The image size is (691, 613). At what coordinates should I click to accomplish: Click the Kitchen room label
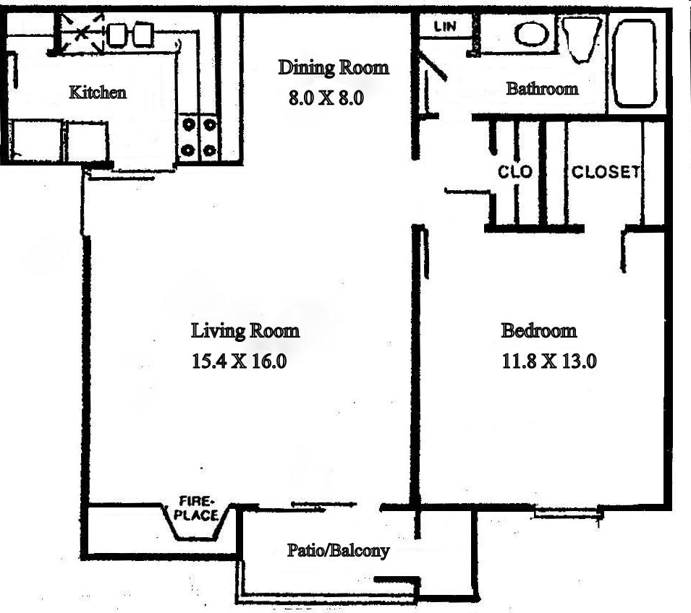(98, 93)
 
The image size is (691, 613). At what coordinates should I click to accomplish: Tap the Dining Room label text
(334, 68)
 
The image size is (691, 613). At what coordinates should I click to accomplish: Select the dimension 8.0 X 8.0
(324, 98)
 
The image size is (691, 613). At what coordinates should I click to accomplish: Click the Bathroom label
(542, 89)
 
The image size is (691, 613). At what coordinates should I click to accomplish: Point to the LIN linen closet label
(444, 27)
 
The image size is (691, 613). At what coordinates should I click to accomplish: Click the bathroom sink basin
(533, 33)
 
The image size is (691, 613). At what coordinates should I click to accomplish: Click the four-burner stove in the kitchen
(198, 137)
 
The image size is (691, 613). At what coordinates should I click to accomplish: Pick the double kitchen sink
(130, 33)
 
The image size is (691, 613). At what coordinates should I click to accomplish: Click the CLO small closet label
(514, 172)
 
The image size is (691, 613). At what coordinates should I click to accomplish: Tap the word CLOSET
(605, 172)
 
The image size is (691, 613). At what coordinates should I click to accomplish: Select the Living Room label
(245, 331)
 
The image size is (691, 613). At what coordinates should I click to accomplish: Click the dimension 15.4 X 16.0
(239, 361)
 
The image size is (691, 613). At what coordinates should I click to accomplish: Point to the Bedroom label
(539, 331)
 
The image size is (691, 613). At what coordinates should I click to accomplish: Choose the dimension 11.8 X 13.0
(549, 361)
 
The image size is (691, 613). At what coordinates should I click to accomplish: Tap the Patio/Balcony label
(338, 551)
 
